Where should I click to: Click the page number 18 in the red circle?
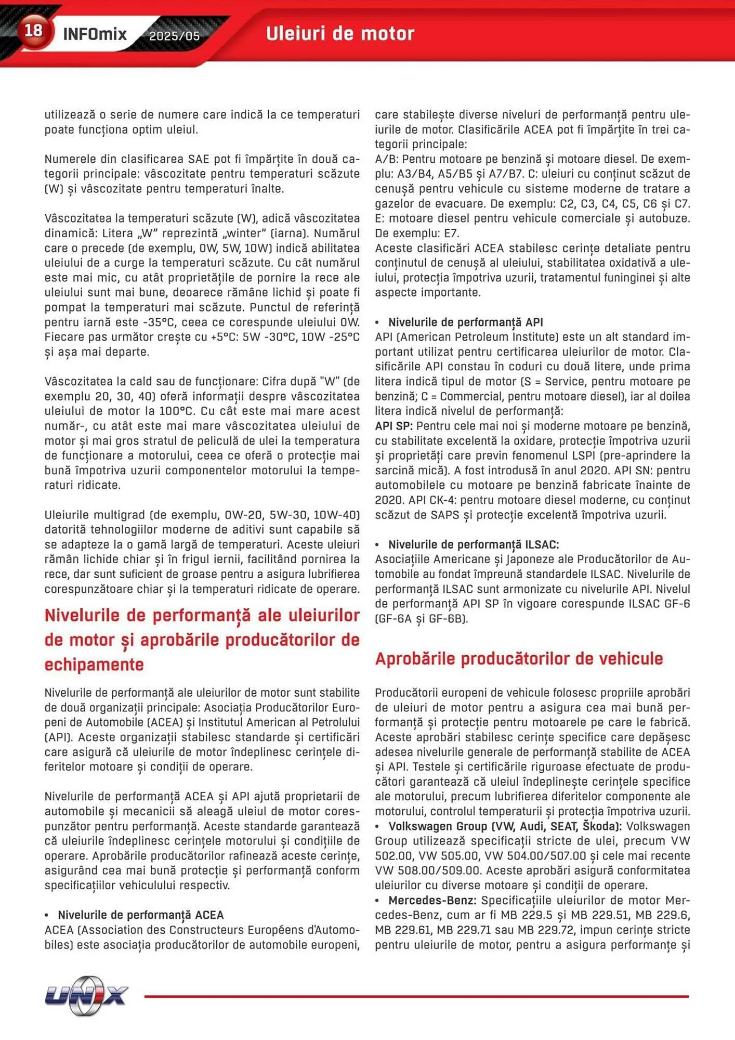(33, 30)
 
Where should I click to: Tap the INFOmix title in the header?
(95, 34)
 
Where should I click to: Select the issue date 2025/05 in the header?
(174, 36)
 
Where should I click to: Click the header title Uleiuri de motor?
(340, 34)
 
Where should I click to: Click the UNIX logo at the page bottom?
(86, 996)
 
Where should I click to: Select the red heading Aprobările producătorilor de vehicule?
(519, 659)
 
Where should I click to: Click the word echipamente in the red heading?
(94, 665)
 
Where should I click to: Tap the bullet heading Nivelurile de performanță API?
(465, 322)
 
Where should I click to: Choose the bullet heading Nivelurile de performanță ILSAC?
(473, 544)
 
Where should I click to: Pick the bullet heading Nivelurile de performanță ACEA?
(140, 915)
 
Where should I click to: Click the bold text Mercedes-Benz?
(431, 900)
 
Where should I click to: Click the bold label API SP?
(393, 426)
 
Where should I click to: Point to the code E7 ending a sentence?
(451, 233)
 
